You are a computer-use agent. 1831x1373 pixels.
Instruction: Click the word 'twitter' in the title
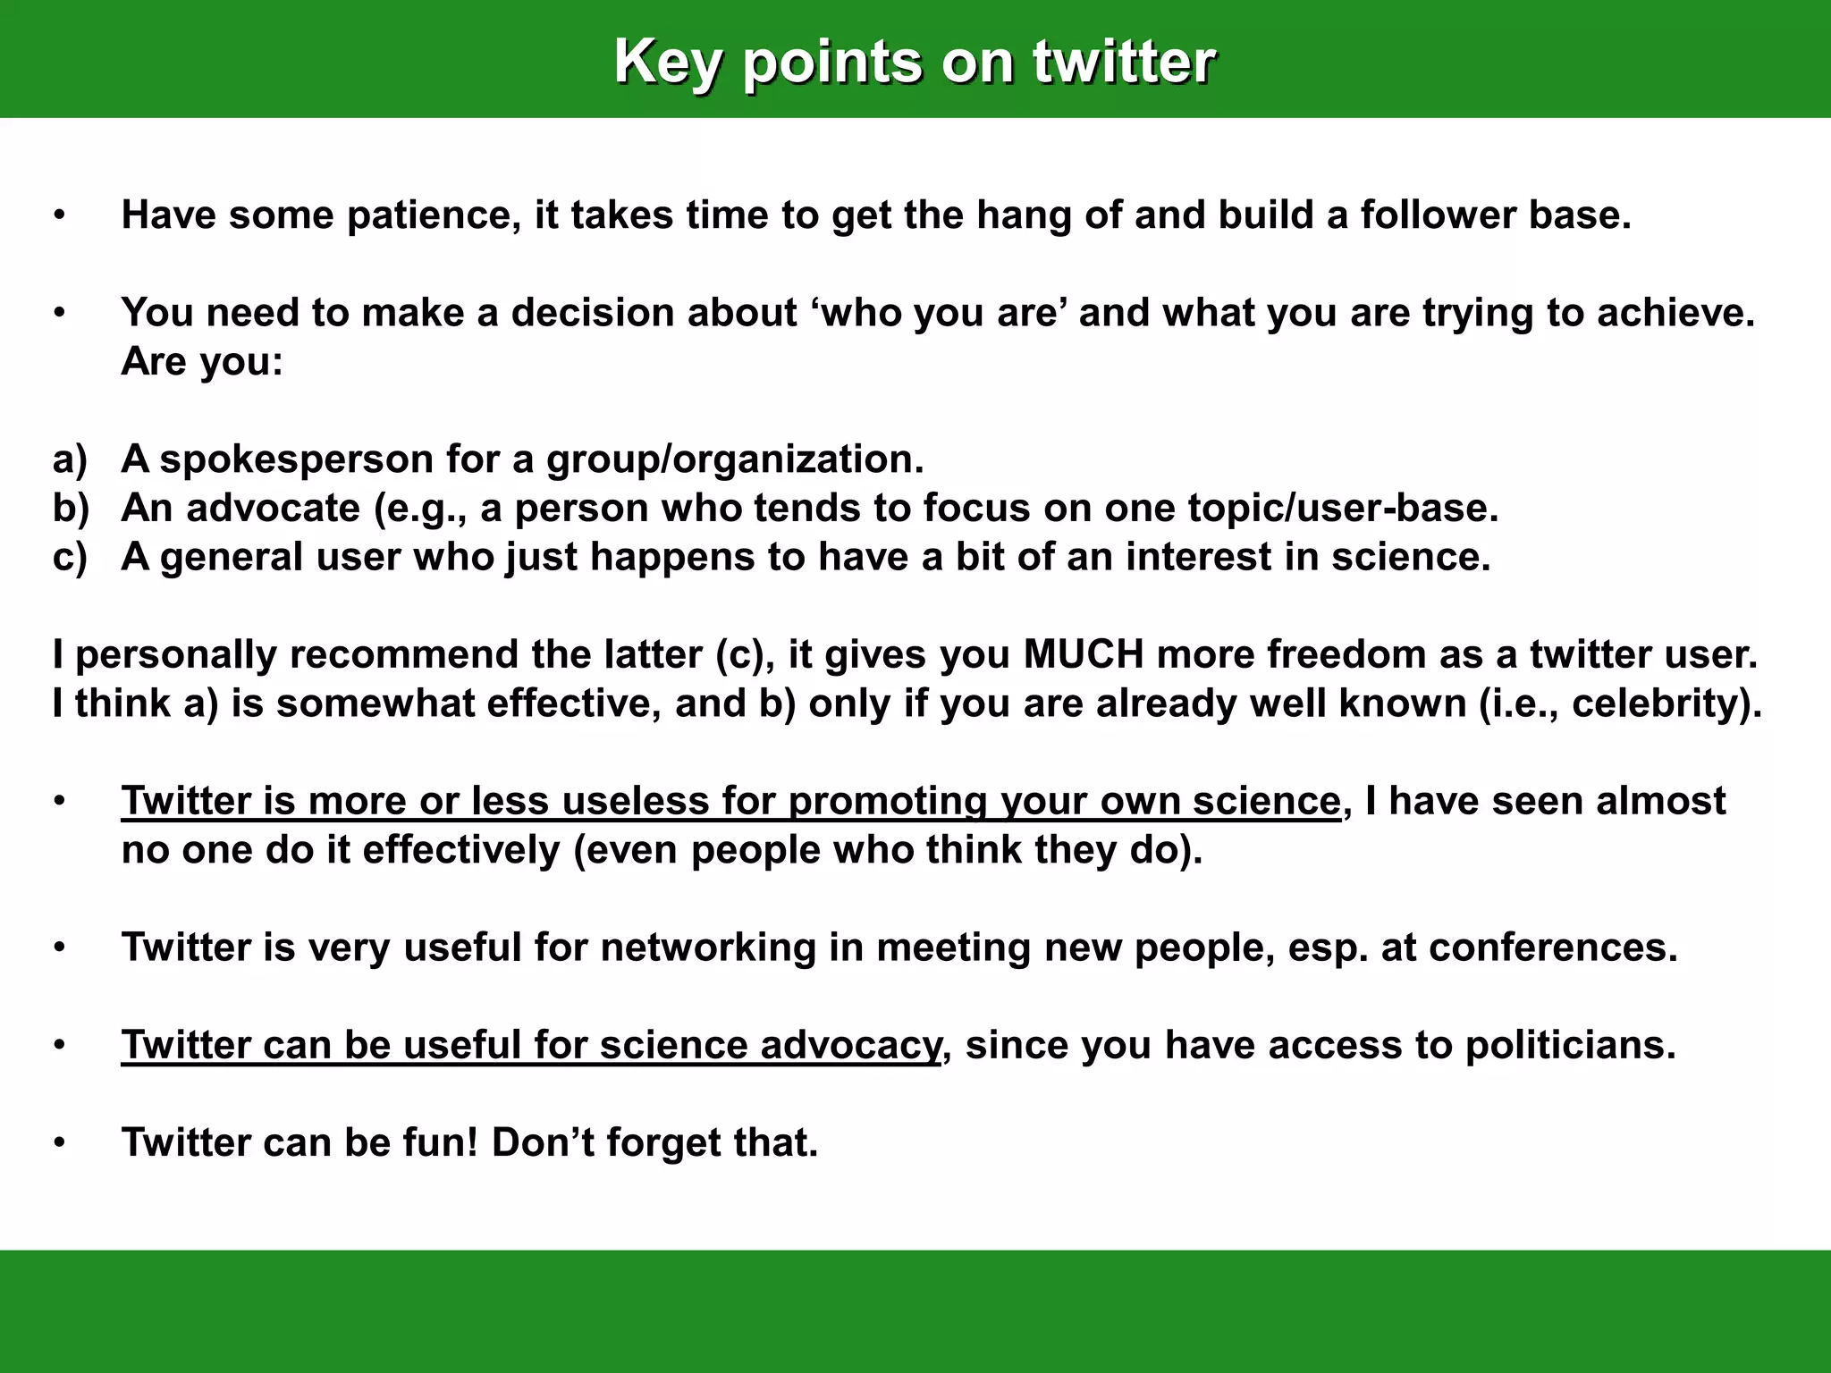pos(1124,63)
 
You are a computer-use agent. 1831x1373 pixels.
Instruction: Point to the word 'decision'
pos(591,313)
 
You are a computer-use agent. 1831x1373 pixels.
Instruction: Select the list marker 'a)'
pos(70,459)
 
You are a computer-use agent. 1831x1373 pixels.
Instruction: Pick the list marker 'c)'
pos(70,557)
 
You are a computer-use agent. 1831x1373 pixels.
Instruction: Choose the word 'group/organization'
pos(733,459)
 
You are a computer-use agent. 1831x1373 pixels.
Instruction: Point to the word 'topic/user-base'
pos(1341,509)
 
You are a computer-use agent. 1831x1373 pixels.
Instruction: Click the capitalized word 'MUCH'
pos(1083,654)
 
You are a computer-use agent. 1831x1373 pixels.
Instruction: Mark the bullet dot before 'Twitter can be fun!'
pos(59,1143)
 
